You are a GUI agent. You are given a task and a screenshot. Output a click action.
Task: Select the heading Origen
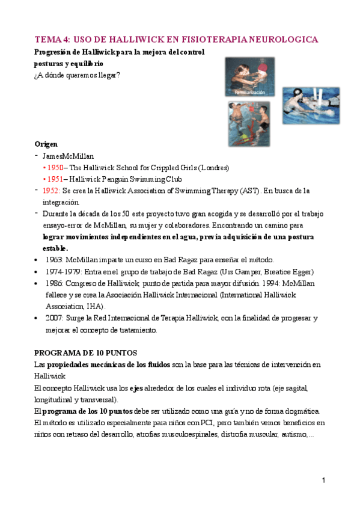tap(46, 144)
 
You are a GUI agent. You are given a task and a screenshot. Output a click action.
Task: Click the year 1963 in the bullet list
tap(55, 260)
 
